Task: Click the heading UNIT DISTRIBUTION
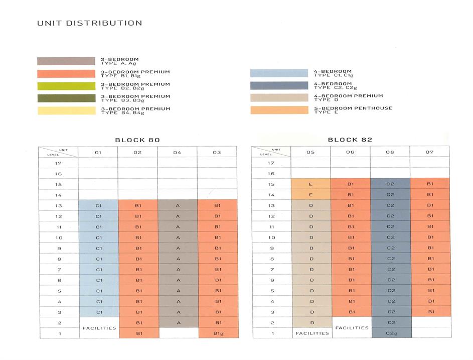click(x=89, y=23)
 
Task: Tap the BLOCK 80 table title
click(x=137, y=140)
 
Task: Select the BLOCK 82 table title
click(x=350, y=140)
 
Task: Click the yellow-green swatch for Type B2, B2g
click(x=66, y=86)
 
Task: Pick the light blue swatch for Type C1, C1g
click(x=279, y=73)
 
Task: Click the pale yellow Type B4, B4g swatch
click(x=66, y=110)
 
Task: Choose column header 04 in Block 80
click(x=177, y=152)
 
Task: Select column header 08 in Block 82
click(x=390, y=152)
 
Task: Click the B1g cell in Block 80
click(x=217, y=333)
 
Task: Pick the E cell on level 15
click(x=310, y=184)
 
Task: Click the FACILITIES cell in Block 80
click(x=99, y=328)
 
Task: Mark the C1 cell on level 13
click(x=99, y=205)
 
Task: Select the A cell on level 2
click(x=177, y=322)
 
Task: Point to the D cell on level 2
click(x=310, y=322)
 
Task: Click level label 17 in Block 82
click(x=271, y=163)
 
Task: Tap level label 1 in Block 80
click(x=59, y=333)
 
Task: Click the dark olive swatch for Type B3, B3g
click(x=66, y=98)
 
